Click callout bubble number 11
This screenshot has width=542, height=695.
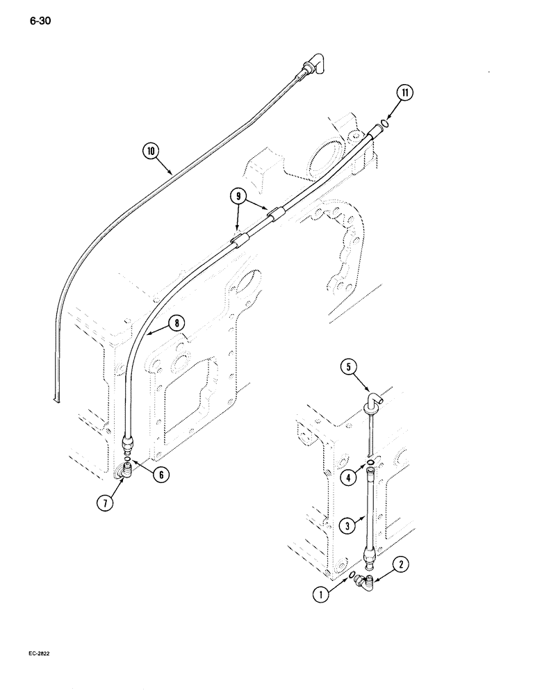(406, 92)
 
